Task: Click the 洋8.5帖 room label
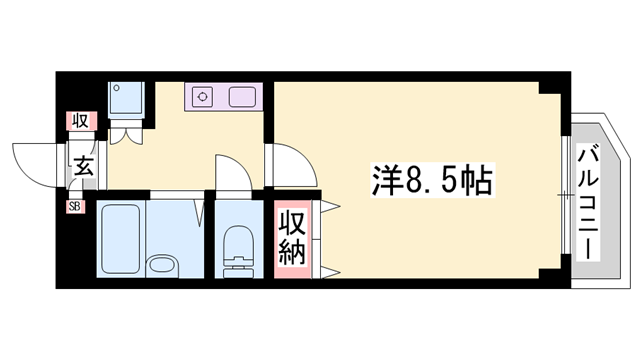pyautogui.click(x=433, y=182)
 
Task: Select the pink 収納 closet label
pyautogui.click(x=290, y=237)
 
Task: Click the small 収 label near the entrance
pyautogui.click(x=79, y=122)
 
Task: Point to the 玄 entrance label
pyautogui.click(x=84, y=168)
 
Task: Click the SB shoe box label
pyautogui.click(x=75, y=207)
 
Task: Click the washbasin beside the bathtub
pyautogui.click(x=161, y=265)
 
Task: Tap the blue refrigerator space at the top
pyautogui.click(x=128, y=99)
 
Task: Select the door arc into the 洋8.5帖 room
pyautogui.click(x=286, y=162)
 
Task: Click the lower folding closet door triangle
pyautogui.click(x=328, y=267)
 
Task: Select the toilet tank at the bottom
pyautogui.click(x=238, y=269)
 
